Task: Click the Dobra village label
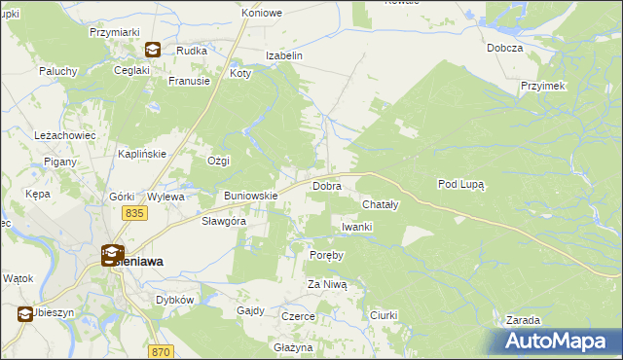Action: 325,185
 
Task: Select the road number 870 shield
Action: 161,350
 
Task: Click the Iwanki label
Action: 357,227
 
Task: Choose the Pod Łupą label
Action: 461,183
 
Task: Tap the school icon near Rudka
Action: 153,51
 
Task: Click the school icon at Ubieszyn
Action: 24,313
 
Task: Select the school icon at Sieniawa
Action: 112,255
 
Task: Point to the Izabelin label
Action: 286,55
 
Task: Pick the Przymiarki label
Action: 109,32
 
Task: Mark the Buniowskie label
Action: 251,196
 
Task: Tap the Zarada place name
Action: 523,319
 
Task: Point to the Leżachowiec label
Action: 64,135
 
